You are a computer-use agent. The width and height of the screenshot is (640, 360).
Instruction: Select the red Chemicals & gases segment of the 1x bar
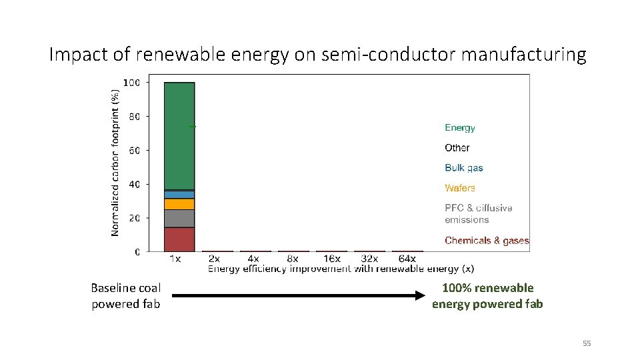tap(179, 239)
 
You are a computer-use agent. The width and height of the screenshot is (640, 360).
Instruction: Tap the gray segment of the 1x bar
tap(179, 219)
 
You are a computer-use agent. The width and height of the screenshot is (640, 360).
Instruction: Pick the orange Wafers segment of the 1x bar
tap(179, 204)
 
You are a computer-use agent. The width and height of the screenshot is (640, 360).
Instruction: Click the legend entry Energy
tap(460, 127)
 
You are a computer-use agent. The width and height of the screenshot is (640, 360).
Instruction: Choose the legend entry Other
tap(457, 147)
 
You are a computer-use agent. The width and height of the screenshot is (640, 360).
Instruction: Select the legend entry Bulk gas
tap(464, 167)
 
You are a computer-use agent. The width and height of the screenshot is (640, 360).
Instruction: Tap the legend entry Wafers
tap(460, 188)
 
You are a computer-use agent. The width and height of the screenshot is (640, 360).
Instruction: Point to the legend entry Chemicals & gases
tap(487, 241)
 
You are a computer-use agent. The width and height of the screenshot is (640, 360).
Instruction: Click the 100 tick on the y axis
tap(131, 83)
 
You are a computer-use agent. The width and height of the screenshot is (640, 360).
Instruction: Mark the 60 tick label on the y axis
tap(133, 151)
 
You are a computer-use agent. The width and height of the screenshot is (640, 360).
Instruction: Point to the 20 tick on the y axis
tap(133, 218)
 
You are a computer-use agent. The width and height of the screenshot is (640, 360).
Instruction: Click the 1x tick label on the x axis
tap(175, 259)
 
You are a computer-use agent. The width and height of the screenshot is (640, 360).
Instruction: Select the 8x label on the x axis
tap(293, 259)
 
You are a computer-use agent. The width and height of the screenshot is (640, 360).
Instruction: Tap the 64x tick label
tap(407, 259)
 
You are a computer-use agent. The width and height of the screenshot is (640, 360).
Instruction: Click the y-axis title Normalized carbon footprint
tap(115, 163)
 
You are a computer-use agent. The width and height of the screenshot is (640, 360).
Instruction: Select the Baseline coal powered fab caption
tap(126, 296)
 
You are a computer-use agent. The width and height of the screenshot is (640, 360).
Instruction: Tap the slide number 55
tap(587, 343)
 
